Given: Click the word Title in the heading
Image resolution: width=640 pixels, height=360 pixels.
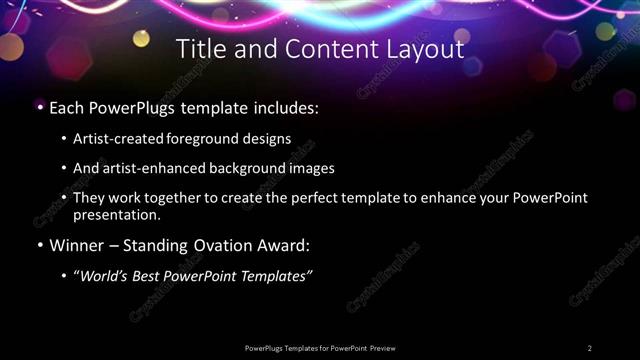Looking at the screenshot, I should (x=199, y=48).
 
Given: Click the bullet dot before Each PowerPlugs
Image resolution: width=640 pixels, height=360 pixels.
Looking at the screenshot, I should (x=39, y=106).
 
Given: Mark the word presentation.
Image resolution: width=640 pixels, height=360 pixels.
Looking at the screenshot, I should (x=116, y=214).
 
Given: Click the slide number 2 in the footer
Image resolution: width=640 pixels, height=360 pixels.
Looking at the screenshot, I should (x=590, y=347).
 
